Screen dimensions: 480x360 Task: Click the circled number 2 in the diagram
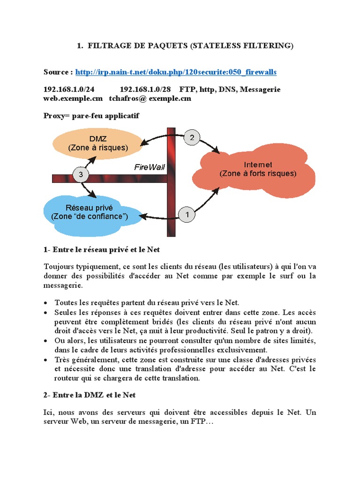tap(192, 137)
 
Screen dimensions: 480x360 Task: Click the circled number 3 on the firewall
tap(81, 175)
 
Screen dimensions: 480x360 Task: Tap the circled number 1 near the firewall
tap(187, 215)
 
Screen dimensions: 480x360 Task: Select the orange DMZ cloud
tap(97, 143)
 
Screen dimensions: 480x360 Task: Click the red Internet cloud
tap(257, 170)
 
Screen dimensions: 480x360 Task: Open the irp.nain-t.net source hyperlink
tap(176, 72)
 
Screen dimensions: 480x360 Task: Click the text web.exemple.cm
tap(73, 98)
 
